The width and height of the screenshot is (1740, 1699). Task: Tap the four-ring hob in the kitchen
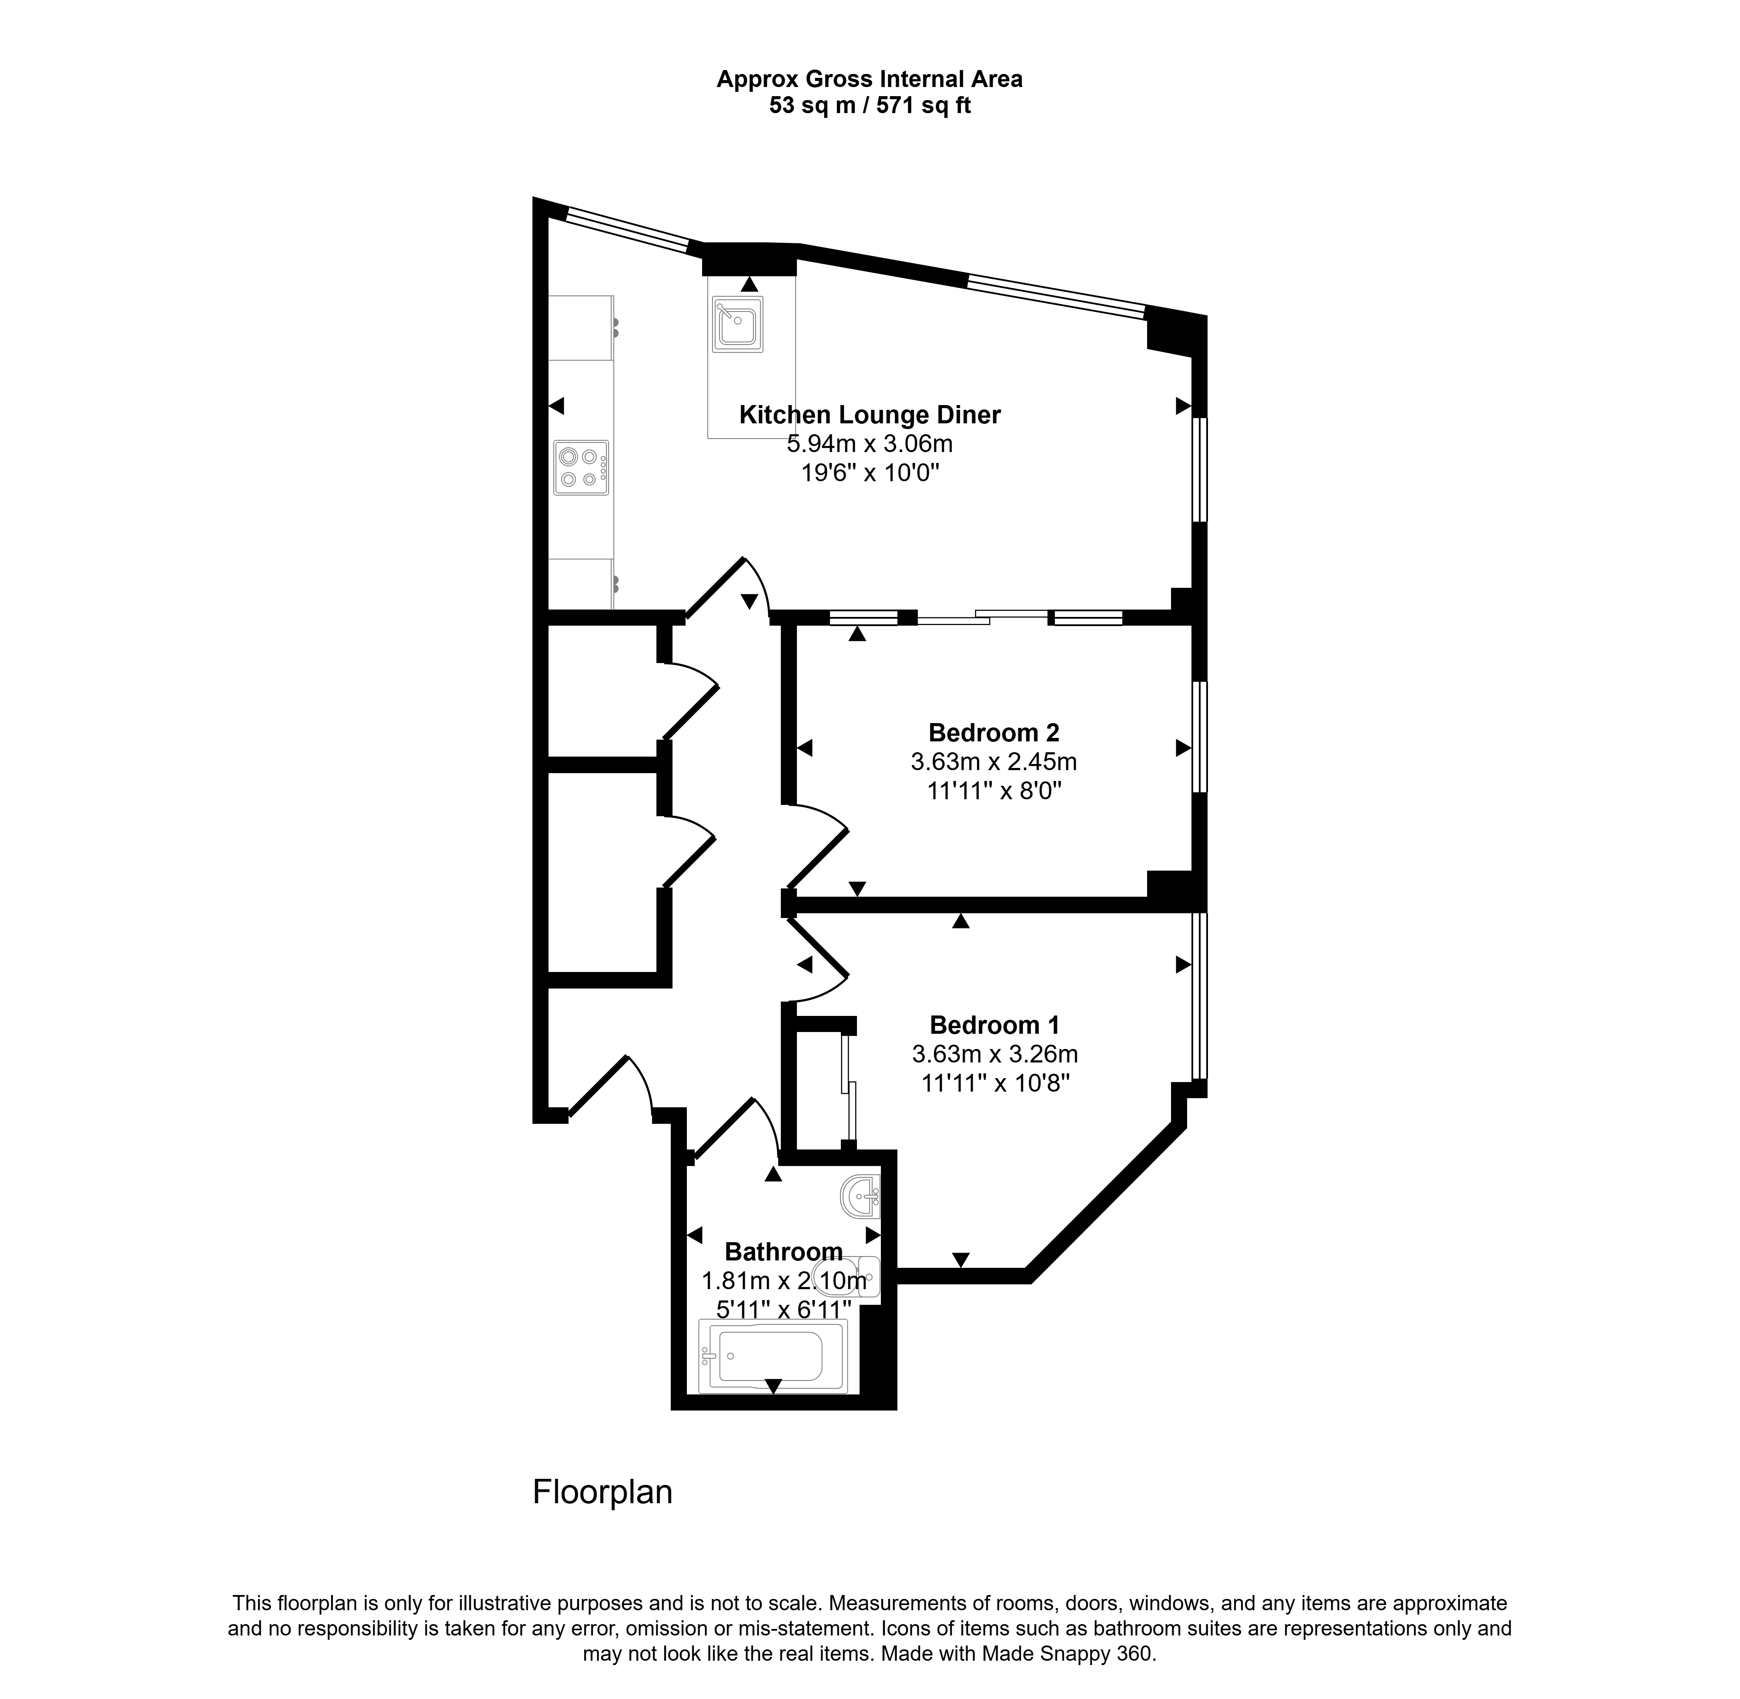(x=581, y=468)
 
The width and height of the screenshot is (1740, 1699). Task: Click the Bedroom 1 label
(x=994, y=1024)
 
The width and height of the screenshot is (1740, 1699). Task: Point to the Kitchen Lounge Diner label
(x=870, y=415)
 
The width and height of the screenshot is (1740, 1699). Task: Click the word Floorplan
(x=602, y=1492)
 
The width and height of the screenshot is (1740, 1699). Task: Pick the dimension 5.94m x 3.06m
(x=870, y=443)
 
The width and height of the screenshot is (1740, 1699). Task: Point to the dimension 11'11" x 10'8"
(x=995, y=1083)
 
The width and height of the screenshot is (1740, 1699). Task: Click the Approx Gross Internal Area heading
(x=870, y=80)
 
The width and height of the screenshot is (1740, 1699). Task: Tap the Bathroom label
(x=783, y=1252)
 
